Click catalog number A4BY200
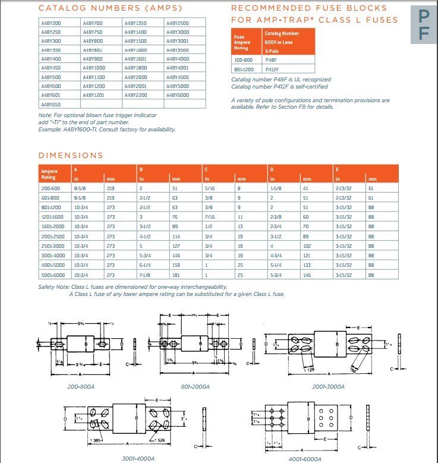pyautogui.click(x=51, y=22)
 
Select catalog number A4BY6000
pyautogui.click(x=178, y=95)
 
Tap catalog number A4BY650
pyautogui.click(x=51, y=104)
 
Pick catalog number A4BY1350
pyautogui.click(x=136, y=22)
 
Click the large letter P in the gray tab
pyautogui.click(x=423, y=17)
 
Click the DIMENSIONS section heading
pyautogui.click(x=71, y=156)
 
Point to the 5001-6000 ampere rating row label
pyautogui.click(x=52, y=276)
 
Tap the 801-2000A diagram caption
pyautogui.click(x=196, y=386)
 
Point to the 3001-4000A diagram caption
pyautogui.click(x=139, y=459)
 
